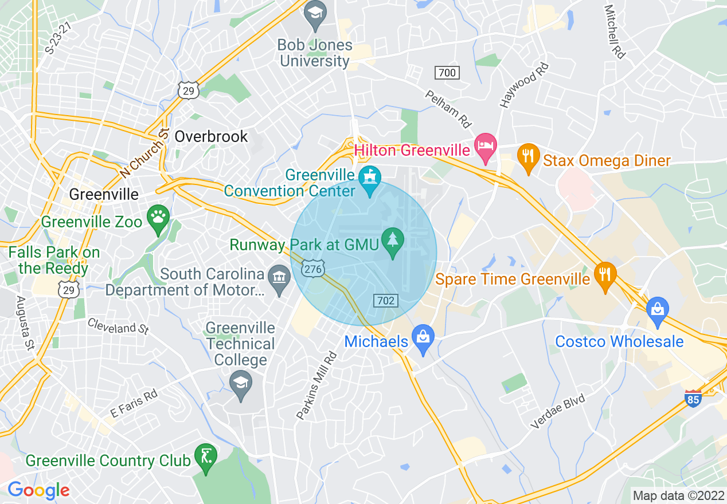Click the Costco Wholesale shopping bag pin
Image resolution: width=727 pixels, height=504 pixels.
click(657, 310)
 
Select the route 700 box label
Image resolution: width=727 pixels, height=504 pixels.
click(447, 73)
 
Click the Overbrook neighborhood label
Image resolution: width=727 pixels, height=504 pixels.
click(211, 136)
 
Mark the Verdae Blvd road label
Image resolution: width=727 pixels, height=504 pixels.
click(558, 411)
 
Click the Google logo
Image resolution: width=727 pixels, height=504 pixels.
click(38, 490)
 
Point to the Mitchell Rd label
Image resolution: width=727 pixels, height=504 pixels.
click(615, 32)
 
